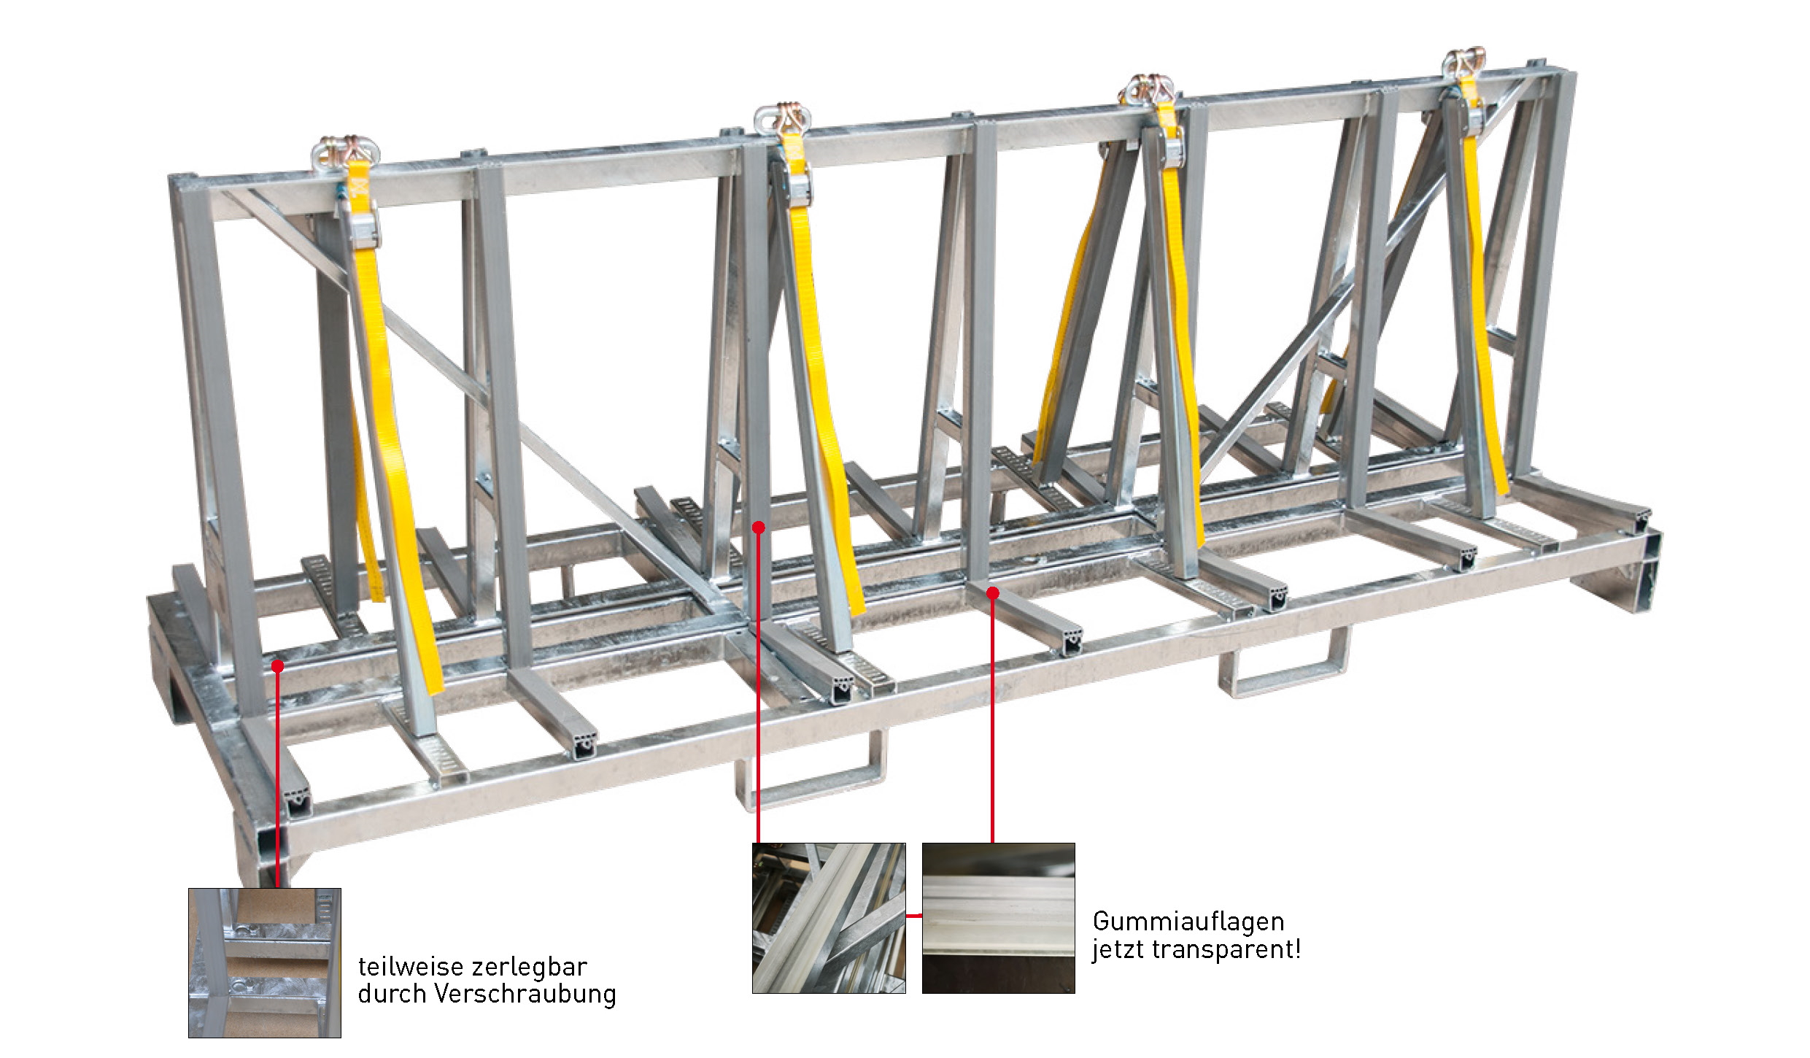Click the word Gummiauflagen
coord(1188,922)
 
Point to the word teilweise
coord(401,968)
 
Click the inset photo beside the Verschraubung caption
coord(264,962)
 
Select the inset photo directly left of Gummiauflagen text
coord(998,918)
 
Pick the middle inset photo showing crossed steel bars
coord(829,918)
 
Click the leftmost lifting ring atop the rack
coord(326,154)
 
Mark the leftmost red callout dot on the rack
coord(277,665)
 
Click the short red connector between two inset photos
coord(913,914)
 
